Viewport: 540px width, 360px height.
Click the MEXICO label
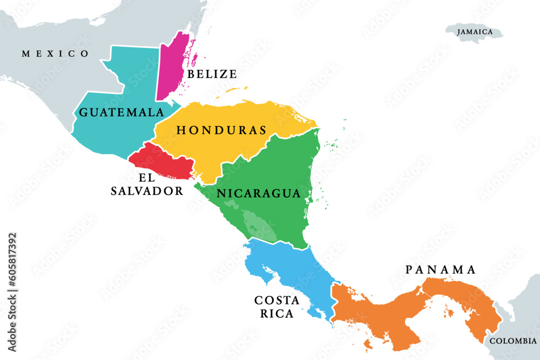point(55,53)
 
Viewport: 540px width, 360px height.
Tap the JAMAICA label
point(475,32)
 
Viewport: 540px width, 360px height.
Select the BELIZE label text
point(212,74)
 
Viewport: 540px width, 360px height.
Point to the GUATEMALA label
point(121,112)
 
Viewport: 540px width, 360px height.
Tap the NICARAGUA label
point(258,193)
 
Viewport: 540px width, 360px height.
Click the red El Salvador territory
point(162,161)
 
